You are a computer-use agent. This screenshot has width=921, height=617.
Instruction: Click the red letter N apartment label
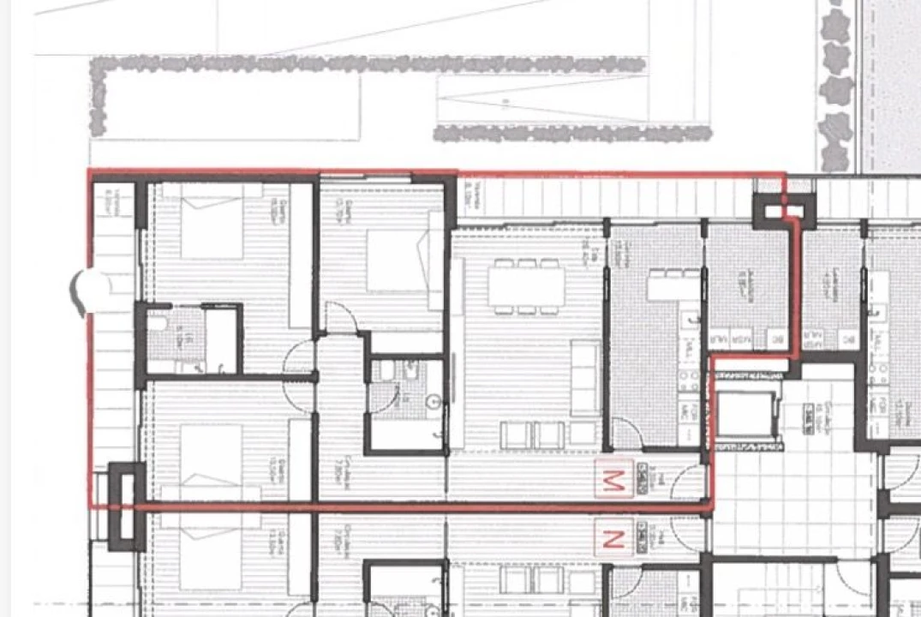pyautogui.click(x=613, y=540)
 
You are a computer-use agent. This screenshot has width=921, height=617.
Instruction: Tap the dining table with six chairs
pyautogui.click(x=526, y=285)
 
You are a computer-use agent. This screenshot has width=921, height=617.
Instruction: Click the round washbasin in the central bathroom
pyautogui.click(x=434, y=401)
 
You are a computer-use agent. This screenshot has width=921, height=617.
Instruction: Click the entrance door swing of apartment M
pyautogui.click(x=688, y=484)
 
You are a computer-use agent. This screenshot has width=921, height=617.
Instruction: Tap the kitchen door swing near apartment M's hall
pyautogui.click(x=627, y=434)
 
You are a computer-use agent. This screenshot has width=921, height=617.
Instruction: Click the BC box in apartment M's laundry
pyautogui.click(x=777, y=340)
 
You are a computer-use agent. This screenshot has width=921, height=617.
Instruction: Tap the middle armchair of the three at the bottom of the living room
pyautogui.click(x=548, y=434)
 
